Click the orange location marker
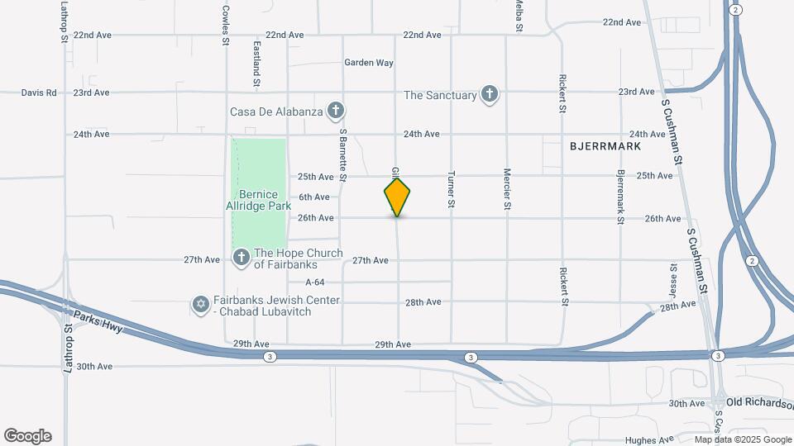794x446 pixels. pos(397,197)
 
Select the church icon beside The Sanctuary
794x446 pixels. pos(490,94)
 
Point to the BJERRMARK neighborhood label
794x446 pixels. pos(605,145)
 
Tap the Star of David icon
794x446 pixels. pos(199,306)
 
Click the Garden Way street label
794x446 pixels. pos(369,63)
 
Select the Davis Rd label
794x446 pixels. pos(39,93)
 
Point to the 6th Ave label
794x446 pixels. pos(314,197)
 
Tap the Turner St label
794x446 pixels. pos(452,189)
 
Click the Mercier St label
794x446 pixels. pos(507,189)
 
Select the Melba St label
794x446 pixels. pos(519,15)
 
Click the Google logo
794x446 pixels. pos(27,436)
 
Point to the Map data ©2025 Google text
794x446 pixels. pos(742,439)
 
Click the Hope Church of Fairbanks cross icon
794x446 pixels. pos(242,259)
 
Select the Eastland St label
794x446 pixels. pos(257,64)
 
